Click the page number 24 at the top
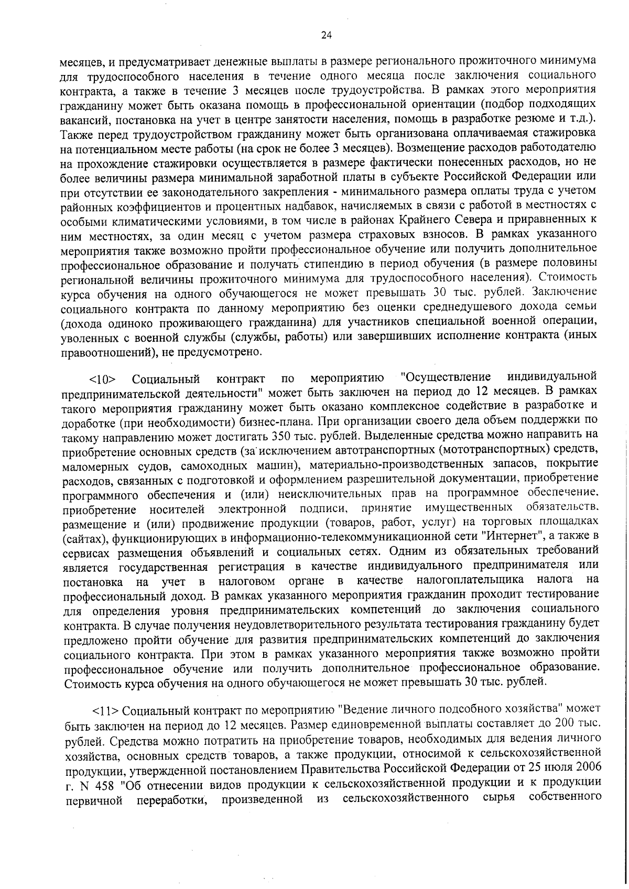pyautogui.click(x=326, y=36)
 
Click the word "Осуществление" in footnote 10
pyautogui.click(x=446, y=377)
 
